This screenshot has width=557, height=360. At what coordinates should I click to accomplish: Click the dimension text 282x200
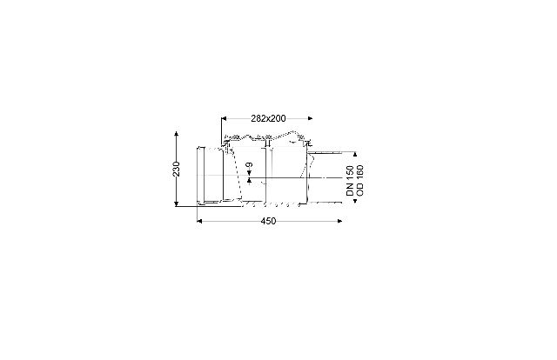click(268, 118)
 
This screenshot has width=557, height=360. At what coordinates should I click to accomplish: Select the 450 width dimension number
click(268, 221)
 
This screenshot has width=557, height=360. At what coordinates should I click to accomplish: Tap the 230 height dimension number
click(176, 169)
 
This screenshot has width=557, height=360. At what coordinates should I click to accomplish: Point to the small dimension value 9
click(250, 165)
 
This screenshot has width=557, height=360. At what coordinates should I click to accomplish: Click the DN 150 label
click(350, 180)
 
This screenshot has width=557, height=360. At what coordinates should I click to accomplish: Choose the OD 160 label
click(359, 180)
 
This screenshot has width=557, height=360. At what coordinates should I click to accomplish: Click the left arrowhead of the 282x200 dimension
click(224, 118)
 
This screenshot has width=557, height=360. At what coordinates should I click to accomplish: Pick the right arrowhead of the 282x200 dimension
click(310, 118)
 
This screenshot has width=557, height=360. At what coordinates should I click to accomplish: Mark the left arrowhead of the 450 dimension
click(199, 221)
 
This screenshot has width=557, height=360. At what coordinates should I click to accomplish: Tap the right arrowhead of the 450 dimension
click(339, 221)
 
